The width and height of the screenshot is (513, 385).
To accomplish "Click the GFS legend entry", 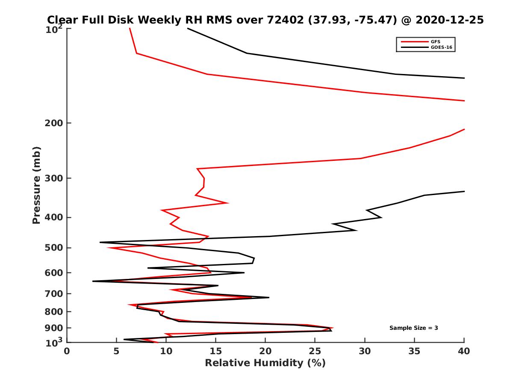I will (436, 41).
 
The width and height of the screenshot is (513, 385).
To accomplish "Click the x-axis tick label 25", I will (315, 352).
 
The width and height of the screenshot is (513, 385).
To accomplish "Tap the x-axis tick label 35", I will (414, 352).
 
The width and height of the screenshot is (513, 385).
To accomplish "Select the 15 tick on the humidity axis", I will (215, 352).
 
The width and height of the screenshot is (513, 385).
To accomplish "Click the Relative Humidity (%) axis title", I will (265, 363).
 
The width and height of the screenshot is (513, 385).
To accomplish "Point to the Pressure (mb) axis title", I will (36, 185).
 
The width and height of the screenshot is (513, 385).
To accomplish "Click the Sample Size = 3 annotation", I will (413, 328).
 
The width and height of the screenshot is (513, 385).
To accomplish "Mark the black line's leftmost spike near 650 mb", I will (93, 281).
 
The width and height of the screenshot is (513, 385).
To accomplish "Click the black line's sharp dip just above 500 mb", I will (100, 243).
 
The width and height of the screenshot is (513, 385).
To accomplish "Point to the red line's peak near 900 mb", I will (333, 328).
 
